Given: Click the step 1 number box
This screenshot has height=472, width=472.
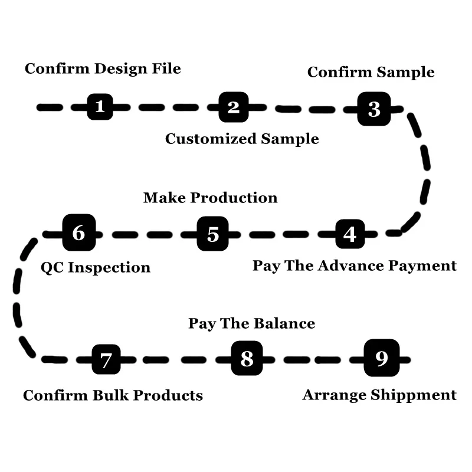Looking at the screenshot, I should [x=100, y=107].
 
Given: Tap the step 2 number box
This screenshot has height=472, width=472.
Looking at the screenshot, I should [x=234, y=107].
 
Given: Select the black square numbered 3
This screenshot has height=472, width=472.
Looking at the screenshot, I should [x=374, y=109].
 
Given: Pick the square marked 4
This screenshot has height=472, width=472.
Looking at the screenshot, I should [x=350, y=234].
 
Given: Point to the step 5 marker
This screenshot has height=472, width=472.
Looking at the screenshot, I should [x=213, y=234].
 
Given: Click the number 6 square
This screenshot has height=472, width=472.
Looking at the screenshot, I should [x=78, y=232].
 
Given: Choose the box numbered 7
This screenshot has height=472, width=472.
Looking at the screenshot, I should [x=106, y=359].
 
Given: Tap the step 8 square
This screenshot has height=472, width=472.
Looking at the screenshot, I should [x=247, y=358].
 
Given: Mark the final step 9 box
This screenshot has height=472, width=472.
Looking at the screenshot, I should [x=381, y=358].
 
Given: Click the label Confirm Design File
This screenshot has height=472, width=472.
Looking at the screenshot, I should [x=103, y=68].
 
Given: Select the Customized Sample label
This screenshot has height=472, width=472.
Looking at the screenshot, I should [x=242, y=139].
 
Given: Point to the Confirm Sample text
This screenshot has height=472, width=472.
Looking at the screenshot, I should [x=371, y=73].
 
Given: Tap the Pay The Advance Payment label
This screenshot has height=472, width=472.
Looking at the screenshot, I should [x=355, y=265].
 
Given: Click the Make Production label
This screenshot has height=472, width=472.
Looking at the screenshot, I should [x=210, y=198].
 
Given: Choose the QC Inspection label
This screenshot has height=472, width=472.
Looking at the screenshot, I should [x=96, y=268].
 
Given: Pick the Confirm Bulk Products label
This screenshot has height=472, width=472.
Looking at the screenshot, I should [x=113, y=395].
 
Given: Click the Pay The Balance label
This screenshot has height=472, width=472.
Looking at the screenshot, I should [x=251, y=324].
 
